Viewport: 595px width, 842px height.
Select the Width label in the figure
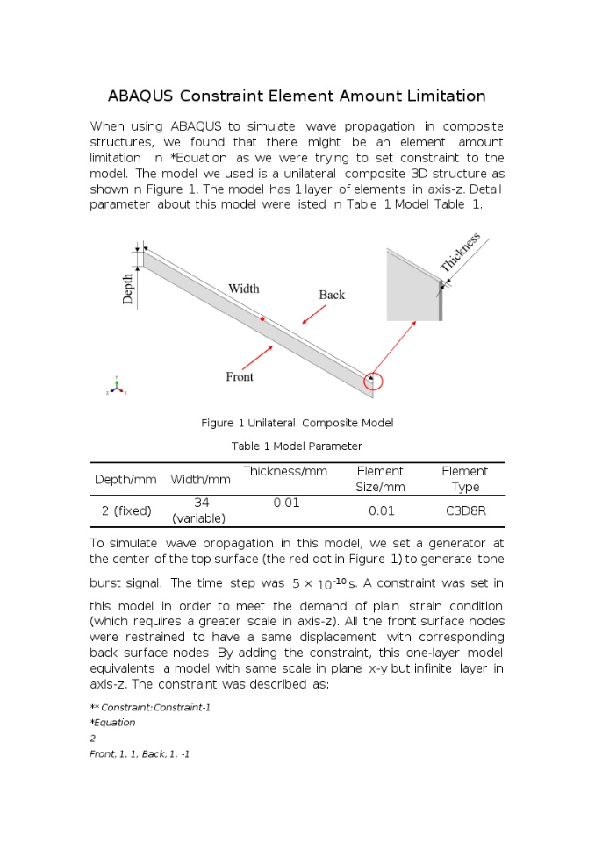[x=243, y=289]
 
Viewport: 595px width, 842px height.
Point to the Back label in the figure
[x=332, y=295]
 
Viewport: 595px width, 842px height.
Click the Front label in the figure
[x=240, y=376]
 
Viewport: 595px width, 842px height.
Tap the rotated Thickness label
[x=461, y=252]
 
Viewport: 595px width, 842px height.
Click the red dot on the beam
[x=262, y=319]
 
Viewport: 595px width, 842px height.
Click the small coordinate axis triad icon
[x=117, y=387]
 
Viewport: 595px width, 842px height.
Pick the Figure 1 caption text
[x=297, y=423]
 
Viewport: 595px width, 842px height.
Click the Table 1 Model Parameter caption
[x=297, y=446]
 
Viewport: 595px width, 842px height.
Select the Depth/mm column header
[x=125, y=480]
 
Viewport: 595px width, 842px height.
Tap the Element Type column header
[x=464, y=479]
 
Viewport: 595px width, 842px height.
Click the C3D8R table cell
[x=464, y=510]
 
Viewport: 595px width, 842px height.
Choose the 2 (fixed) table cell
[x=125, y=510]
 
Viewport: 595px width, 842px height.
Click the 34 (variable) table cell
[x=201, y=510]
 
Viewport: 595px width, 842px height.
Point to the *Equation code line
[x=112, y=723]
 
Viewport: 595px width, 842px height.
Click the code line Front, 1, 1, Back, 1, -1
[x=140, y=754]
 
